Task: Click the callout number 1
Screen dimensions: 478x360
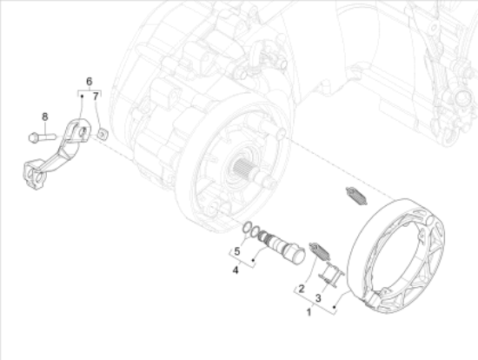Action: click(309, 312)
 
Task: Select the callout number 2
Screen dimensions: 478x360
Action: click(302, 289)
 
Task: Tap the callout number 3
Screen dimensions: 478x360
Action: click(318, 298)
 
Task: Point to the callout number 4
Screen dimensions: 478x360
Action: click(236, 270)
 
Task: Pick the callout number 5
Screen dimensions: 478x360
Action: click(237, 251)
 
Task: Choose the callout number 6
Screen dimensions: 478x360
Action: click(89, 82)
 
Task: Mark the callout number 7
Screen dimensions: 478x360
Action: click(96, 97)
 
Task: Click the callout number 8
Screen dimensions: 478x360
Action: click(45, 117)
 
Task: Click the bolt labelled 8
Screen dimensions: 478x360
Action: click(42, 137)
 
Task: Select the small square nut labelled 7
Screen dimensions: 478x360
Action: click(103, 134)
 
